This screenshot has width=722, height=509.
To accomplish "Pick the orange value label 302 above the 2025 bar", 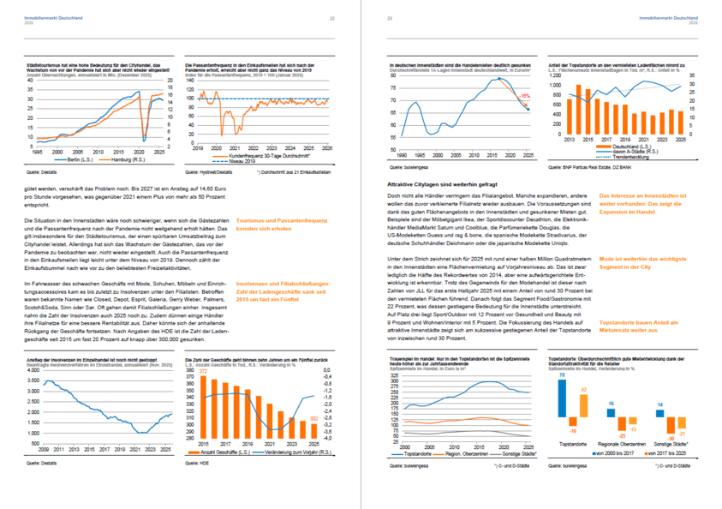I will click(313, 419).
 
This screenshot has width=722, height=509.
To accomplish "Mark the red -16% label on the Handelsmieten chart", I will click(523, 96).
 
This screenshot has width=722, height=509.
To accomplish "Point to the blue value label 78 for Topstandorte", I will click(562, 374).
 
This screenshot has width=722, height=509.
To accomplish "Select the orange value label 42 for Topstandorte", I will click(583, 390).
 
